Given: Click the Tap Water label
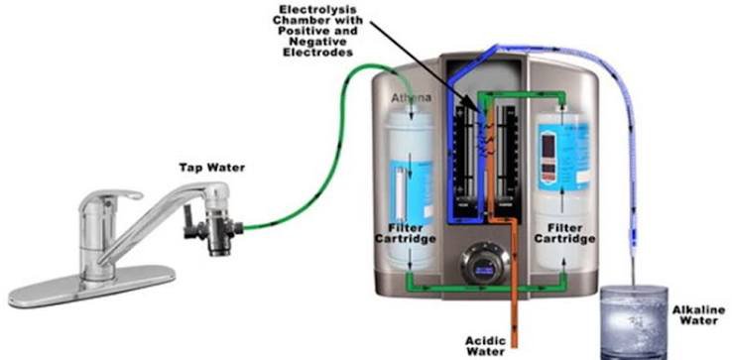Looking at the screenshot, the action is pyautogui.click(x=212, y=168).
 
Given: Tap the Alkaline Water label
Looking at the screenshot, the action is pyautogui.click(x=698, y=315).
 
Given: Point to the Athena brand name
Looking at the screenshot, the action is pyautogui.click(x=412, y=98).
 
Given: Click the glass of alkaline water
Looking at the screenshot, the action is pyautogui.click(x=634, y=322).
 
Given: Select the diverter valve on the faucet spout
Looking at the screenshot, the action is pyautogui.click(x=211, y=225).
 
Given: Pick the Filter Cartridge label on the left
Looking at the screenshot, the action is pyautogui.click(x=412, y=233).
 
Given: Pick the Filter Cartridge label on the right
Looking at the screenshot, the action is pyautogui.click(x=564, y=233).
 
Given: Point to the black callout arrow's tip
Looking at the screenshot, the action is pyautogui.click(x=479, y=112).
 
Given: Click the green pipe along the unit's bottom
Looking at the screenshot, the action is pyautogui.click(x=485, y=289).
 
